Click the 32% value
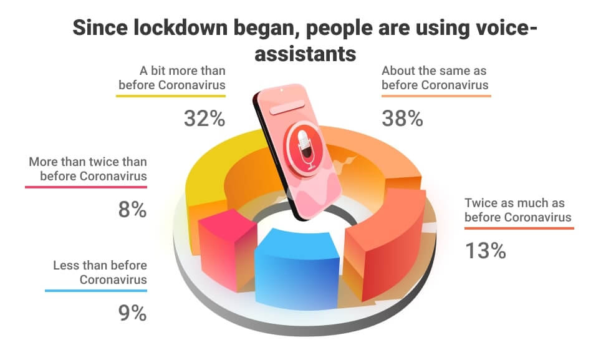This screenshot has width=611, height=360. (x=204, y=117)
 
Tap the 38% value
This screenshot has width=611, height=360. (x=403, y=117)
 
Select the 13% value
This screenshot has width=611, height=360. (x=485, y=250)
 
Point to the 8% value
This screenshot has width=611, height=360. (x=132, y=210)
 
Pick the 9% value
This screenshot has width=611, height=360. (x=132, y=313)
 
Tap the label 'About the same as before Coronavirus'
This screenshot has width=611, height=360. (x=435, y=77)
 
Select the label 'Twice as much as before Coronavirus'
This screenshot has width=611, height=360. (x=518, y=210)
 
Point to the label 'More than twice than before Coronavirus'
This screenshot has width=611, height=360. (x=88, y=168)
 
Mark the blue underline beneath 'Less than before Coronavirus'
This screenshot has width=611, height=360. (x=96, y=290)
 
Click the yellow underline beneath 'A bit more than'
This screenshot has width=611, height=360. (x=171, y=96)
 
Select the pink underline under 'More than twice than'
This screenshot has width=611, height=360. (x=87, y=187)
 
